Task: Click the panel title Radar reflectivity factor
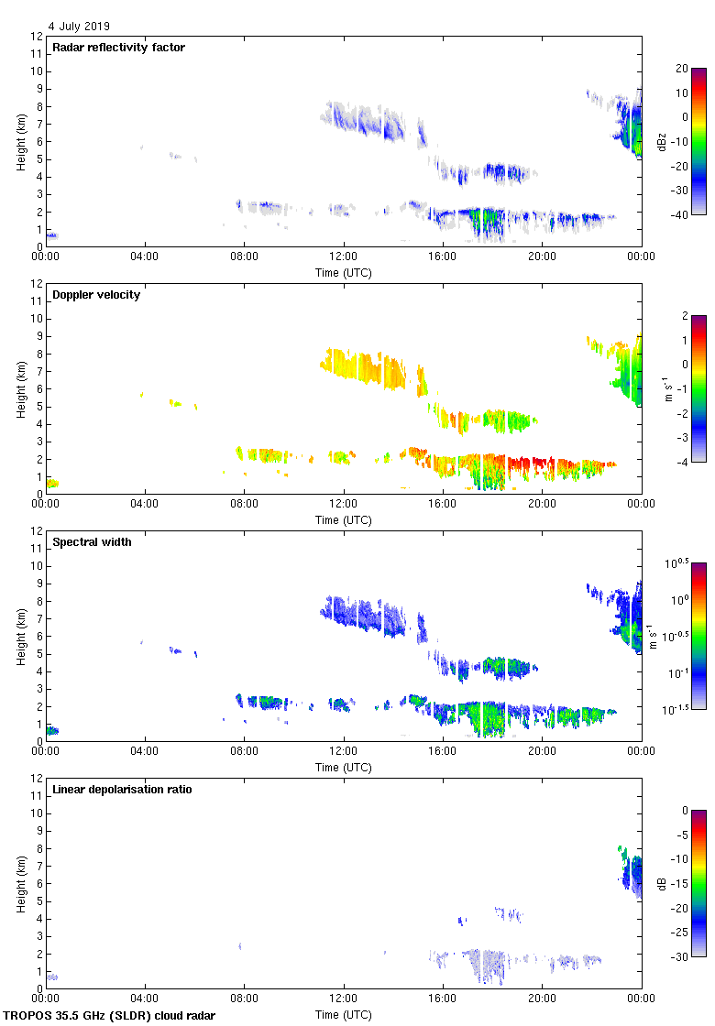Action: point(118,48)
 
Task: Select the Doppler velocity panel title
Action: point(96,295)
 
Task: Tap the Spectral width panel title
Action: point(92,542)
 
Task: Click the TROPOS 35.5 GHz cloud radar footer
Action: point(110,1016)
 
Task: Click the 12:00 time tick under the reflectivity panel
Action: point(344,256)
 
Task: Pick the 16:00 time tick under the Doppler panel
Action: point(443,504)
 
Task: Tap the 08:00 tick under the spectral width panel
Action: point(245,751)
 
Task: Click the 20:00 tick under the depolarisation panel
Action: point(542,999)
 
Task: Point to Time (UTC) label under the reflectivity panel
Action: point(344,273)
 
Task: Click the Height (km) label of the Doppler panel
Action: point(20,388)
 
